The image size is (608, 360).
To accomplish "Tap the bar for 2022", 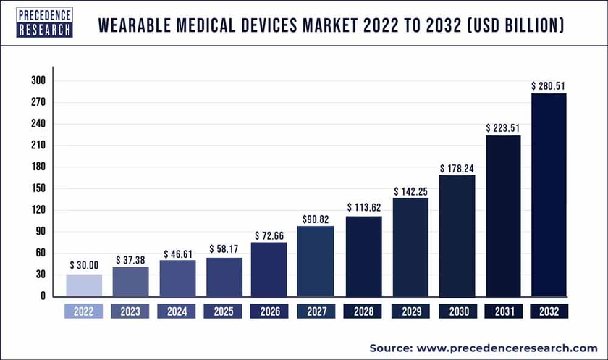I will (84, 285).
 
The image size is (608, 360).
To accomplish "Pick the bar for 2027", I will (316, 261).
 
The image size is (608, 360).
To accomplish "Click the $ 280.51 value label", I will (549, 86).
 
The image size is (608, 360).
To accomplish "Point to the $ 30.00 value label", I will (84, 266).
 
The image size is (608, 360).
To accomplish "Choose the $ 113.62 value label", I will (363, 208).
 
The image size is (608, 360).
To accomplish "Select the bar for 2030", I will (456, 235).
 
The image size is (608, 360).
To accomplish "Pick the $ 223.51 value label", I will (502, 128).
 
